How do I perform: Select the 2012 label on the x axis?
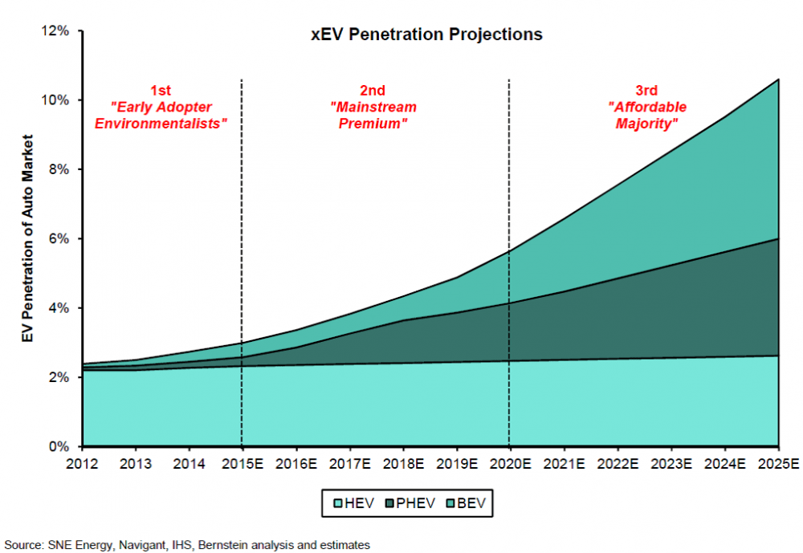(x=82, y=463)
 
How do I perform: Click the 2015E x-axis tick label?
(x=242, y=463)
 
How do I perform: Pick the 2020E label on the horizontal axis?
(x=509, y=463)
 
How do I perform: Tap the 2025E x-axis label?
(x=777, y=463)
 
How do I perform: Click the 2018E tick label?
(x=402, y=463)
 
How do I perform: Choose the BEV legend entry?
(x=468, y=504)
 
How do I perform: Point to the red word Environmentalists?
(x=161, y=124)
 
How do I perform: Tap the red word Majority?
(x=647, y=124)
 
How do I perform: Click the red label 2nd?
(x=373, y=90)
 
